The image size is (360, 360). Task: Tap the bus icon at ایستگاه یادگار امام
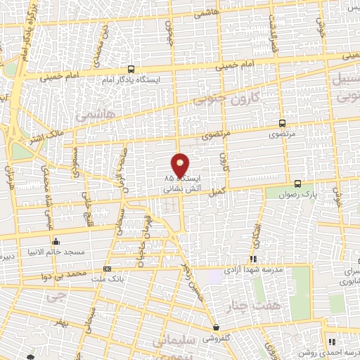(131, 69)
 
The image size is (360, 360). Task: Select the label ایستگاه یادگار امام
(130, 80)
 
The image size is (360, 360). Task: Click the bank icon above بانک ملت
(107, 269)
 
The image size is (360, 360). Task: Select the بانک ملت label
(107, 280)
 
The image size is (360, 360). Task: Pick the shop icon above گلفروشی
(217, 327)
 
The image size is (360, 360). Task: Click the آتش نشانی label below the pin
(172, 188)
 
